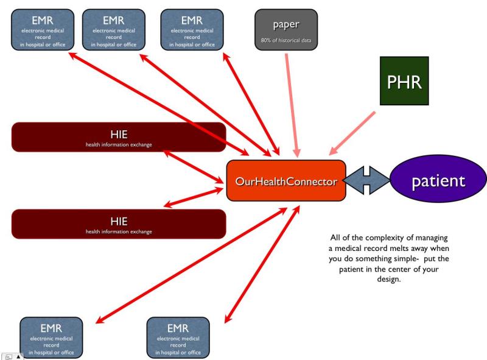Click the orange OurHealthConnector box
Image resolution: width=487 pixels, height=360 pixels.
pyautogui.click(x=286, y=180)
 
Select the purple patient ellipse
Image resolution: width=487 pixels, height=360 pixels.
pyautogui.click(x=438, y=181)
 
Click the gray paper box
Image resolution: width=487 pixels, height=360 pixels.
pyautogui.click(x=286, y=29)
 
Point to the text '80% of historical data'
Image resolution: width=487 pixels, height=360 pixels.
pyautogui.click(x=286, y=41)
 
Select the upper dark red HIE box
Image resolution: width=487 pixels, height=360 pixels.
pyautogui.click(x=119, y=137)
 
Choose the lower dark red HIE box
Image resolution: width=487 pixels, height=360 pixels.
pyautogui.click(x=119, y=224)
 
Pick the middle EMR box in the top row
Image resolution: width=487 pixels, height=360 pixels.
pyautogui.click(x=113, y=29)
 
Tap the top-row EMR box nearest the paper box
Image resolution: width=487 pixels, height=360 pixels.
pyautogui.click(x=191, y=29)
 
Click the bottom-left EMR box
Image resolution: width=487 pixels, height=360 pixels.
pyautogui.click(x=51, y=337)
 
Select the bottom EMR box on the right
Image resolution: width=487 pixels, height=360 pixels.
pyautogui.click(x=178, y=337)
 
